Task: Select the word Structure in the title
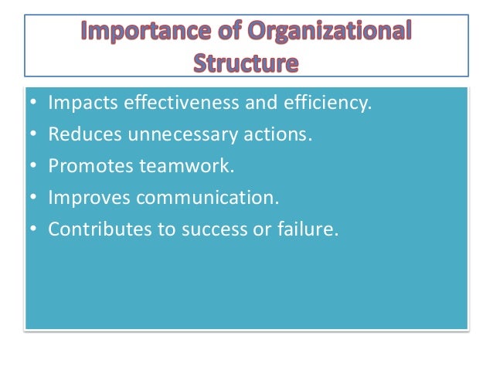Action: (246, 61)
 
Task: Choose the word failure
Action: (309, 229)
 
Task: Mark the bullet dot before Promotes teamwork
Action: (32, 166)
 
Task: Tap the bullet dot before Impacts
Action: (32, 104)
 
